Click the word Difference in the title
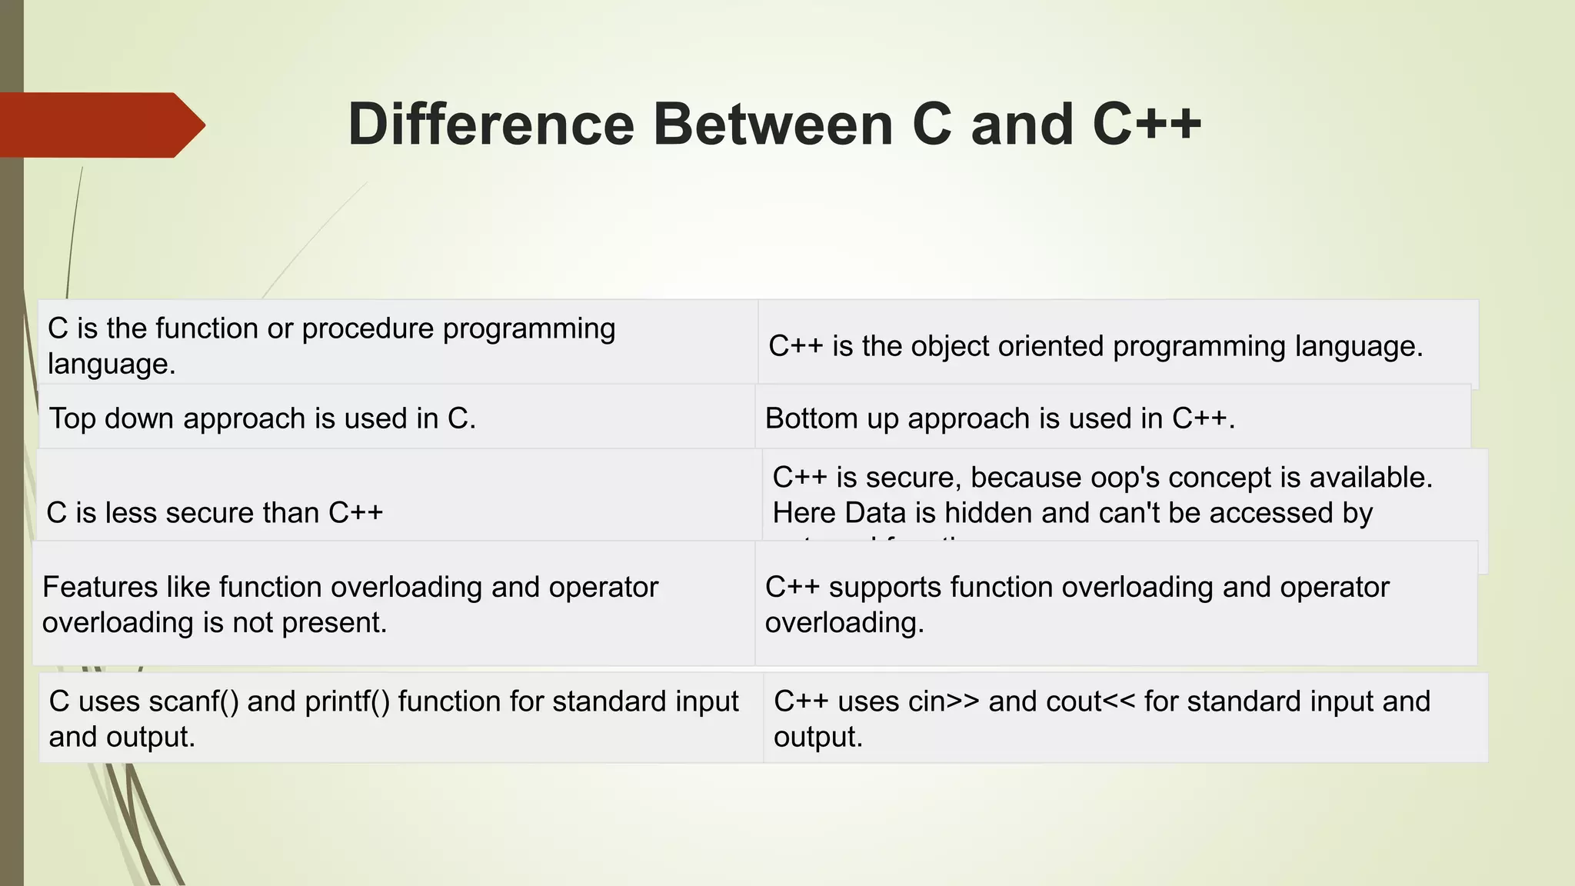pyautogui.click(x=491, y=125)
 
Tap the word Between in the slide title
pyautogui.click(x=772, y=125)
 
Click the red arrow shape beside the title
pyautogui.click(x=100, y=125)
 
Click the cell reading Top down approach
pyautogui.click(x=261, y=418)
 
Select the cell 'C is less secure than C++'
pyautogui.click(x=215, y=513)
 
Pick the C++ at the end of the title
pyautogui.click(x=1146, y=125)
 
